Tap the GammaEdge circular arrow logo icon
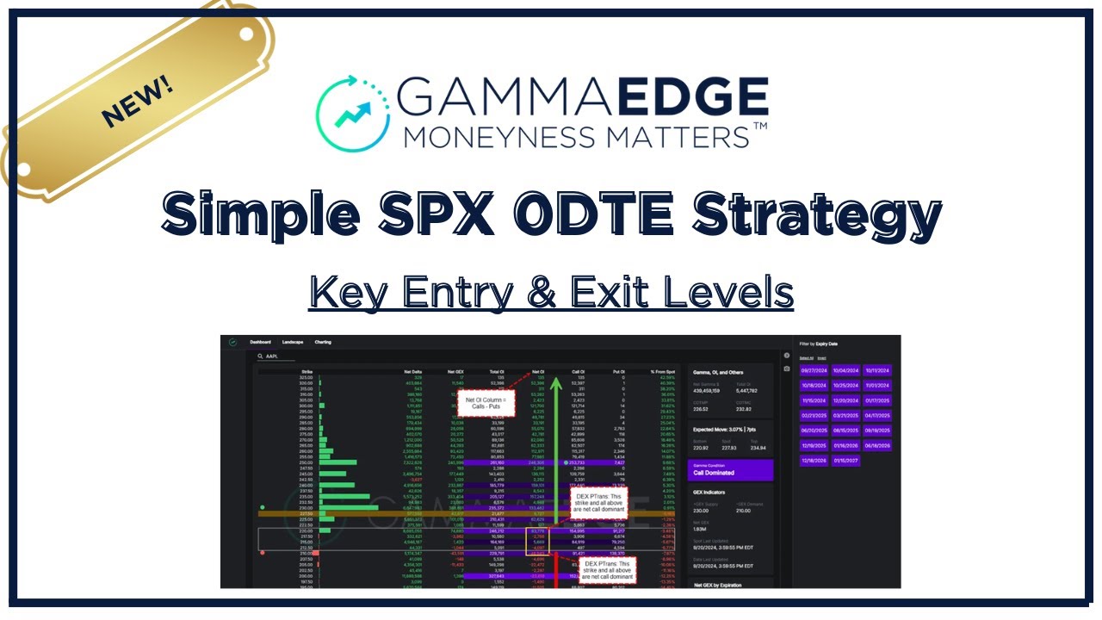[x=352, y=110]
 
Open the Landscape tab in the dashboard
[x=293, y=342]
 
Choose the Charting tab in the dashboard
[x=323, y=342]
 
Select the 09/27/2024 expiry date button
[x=814, y=370]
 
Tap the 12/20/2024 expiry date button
[x=845, y=400]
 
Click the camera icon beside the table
[x=786, y=369]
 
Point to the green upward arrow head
[x=557, y=377]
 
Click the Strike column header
[x=306, y=372]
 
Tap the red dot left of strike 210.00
[x=262, y=552]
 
